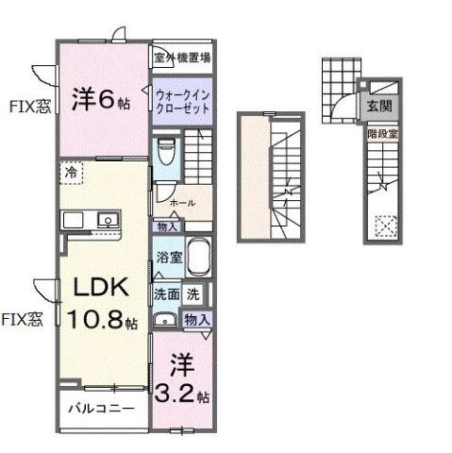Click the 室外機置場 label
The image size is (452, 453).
(182, 57)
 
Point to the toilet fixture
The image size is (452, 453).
(167, 149)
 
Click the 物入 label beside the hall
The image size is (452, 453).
(168, 227)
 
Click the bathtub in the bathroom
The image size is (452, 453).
(197, 257)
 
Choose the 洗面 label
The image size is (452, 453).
(166, 294)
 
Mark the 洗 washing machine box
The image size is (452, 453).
(193, 294)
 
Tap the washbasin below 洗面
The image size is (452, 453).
(165, 319)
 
